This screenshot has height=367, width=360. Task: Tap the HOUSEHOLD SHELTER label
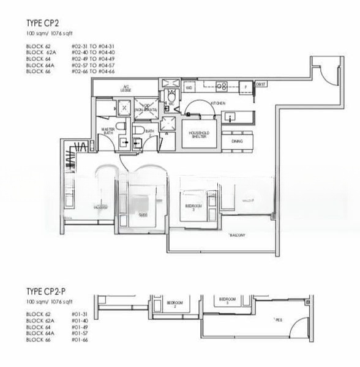click(200, 135)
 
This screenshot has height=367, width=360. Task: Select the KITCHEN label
click(218, 103)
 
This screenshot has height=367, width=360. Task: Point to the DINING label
click(237, 141)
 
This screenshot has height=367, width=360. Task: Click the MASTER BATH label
click(108, 130)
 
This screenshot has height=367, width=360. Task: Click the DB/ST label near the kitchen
click(260, 84)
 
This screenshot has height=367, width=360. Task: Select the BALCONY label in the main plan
click(238, 235)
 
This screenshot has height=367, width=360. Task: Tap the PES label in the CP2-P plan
click(278, 319)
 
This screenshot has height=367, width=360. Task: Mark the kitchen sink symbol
click(230, 116)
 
